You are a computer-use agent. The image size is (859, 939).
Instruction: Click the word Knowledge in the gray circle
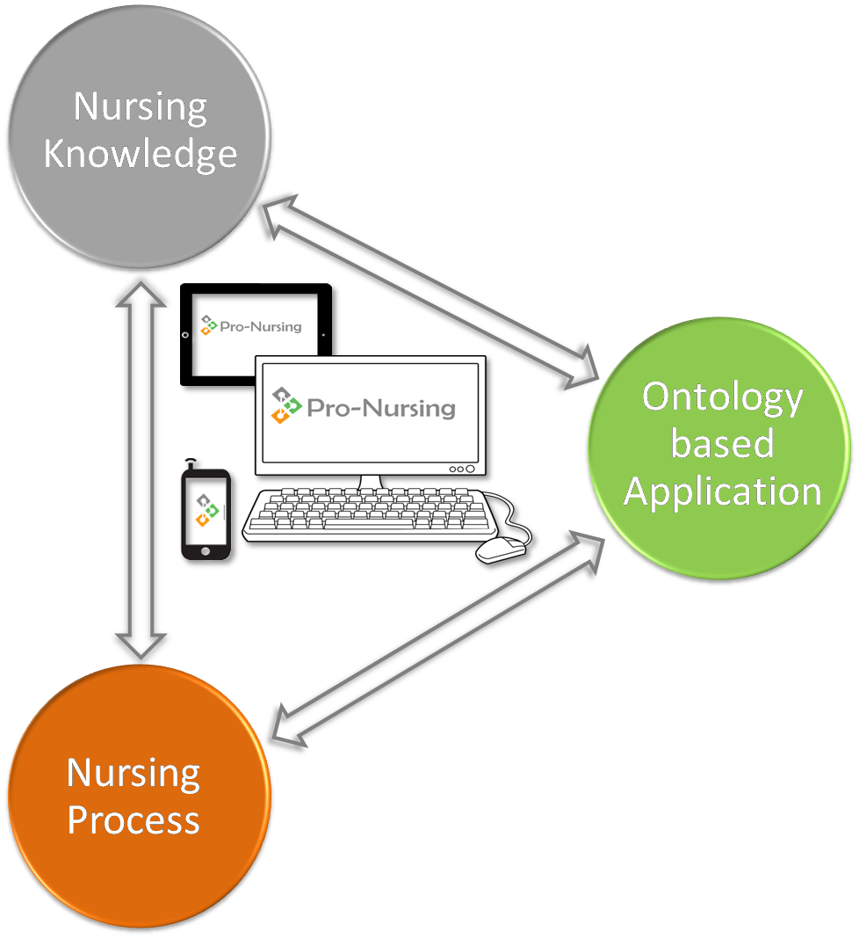tap(141, 155)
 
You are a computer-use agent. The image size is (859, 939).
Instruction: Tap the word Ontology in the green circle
tap(722, 398)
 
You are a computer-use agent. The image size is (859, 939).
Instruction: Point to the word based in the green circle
tap(722, 443)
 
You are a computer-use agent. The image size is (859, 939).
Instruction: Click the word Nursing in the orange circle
tap(134, 774)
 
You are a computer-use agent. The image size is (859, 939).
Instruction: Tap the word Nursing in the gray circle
tap(141, 108)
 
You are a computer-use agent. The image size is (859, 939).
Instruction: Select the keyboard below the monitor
tap(370, 514)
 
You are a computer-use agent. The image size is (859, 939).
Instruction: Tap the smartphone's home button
tap(206, 551)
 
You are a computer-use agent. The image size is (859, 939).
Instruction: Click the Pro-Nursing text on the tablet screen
tap(261, 326)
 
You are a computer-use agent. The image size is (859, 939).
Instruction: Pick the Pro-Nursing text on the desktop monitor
tap(381, 409)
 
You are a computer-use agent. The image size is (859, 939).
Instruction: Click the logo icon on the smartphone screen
tap(206, 510)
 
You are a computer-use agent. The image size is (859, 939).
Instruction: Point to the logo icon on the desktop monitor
tap(286, 405)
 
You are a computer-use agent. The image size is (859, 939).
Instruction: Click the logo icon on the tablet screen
tap(208, 325)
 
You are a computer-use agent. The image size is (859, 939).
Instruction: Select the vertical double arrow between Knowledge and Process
tap(141, 470)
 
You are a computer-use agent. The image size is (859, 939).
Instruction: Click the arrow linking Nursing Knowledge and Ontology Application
tap(430, 292)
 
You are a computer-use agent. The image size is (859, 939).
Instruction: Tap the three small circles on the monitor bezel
tap(462, 469)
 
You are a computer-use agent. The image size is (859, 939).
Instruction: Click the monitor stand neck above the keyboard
tap(371, 482)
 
